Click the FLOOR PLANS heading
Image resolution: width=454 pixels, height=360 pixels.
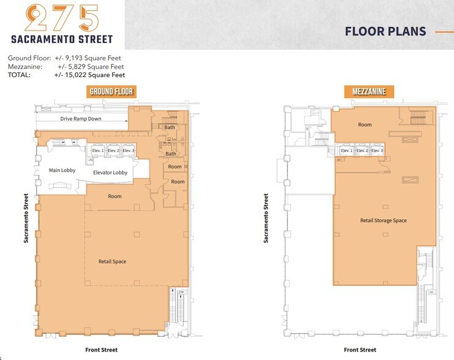click(x=385, y=31)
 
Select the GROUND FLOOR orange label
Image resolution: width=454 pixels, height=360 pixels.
click(x=112, y=92)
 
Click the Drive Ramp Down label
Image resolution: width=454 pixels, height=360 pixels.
click(x=81, y=119)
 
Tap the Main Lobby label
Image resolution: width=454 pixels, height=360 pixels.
click(x=62, y=170)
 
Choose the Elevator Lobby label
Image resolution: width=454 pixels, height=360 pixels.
click(x=110, y=173)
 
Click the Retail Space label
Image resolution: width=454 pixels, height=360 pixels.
click(x=112, y=261)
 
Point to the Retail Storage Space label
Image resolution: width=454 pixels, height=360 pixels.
click(x=384, y=220)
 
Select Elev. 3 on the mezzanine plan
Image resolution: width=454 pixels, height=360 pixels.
click(x=377, y=150)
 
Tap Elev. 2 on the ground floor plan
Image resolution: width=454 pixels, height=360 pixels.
click(x=113, y=150)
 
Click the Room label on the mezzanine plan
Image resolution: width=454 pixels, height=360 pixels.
click(x=365, y=125)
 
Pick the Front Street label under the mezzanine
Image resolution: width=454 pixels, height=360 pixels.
click(x=360, y=350)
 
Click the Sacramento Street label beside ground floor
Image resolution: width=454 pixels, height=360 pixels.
click(x=26, y=219)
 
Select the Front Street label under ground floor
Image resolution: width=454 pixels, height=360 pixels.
click(x=101, y=350)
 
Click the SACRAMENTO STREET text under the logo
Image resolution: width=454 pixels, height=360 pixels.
click(x=62, y=39)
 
